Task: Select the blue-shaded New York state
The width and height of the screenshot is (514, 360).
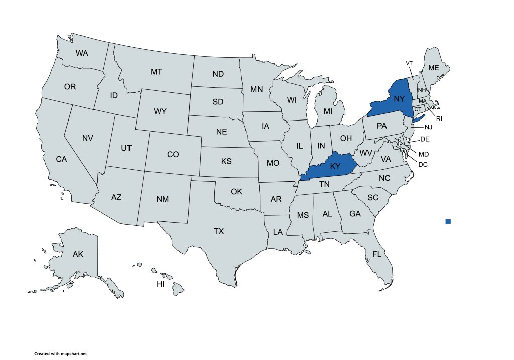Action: pos(397,100)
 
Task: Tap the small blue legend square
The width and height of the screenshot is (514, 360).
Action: pos(448,221)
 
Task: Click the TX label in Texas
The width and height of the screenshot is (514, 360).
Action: pos(219,231)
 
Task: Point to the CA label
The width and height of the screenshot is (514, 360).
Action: pos(61,159)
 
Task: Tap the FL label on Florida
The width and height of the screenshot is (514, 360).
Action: pos(377,255)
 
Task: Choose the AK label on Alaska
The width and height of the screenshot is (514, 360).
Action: pos(78,254)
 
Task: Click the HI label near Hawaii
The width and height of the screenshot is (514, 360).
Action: pos(161,284)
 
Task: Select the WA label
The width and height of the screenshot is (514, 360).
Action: pos(83,53)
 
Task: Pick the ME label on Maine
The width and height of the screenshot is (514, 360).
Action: pos(433,68)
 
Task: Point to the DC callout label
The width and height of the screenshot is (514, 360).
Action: pos(423,164)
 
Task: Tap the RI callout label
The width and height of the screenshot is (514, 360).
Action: pos(438,119)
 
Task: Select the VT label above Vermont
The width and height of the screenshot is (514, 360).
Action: pos(409,63)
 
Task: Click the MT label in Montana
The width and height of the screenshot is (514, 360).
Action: pos(156,72)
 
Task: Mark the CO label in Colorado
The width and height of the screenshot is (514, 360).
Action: pos(173,155)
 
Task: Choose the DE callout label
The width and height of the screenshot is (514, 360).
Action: pos(424,139)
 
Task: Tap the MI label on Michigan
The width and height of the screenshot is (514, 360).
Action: pos(328,111)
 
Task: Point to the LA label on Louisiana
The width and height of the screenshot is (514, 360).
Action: pos(278,232)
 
